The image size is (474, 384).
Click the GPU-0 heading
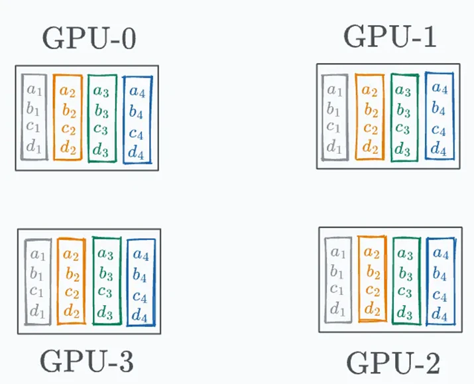click(x=89, y=38)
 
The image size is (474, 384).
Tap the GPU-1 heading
click(x=390, y=36)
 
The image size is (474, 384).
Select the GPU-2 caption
click(x=393, y=363)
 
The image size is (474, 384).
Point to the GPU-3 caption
click(x=86, y=361)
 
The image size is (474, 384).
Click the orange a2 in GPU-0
click(x=68, y=91)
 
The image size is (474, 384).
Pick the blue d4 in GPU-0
click(x=136, y=152)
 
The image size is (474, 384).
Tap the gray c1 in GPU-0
click(x=33, y=126)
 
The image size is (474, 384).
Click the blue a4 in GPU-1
click(x=440, y=88)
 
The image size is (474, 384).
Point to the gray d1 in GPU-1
click(x=334, y=147)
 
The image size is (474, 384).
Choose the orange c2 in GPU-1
click(x=371, y=128)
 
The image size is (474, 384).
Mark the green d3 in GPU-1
click(x=402, y=149)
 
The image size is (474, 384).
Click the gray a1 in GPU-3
click(x=38, y=254)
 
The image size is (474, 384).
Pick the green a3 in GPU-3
click(x=105, y=254)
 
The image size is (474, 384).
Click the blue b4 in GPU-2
click(x=440, y=274)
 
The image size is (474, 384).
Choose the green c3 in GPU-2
click(x=405, y=292)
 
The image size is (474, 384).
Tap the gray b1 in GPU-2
click(x=337, y=271)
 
